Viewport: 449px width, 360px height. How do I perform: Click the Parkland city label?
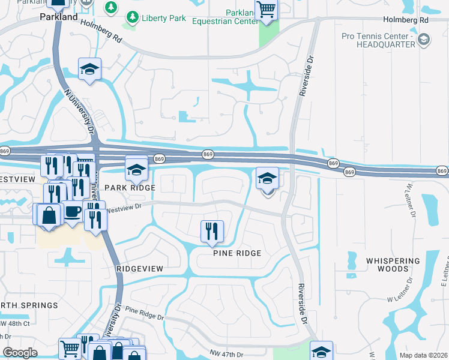59,17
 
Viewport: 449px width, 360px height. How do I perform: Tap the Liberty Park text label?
164,17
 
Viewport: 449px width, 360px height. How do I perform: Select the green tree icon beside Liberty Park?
111,7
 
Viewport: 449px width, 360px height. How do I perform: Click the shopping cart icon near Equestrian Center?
266,10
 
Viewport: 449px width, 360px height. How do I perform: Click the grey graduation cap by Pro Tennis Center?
424,40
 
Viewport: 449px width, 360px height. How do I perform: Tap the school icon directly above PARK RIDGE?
136,169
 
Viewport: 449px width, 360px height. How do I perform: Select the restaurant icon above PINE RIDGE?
211,231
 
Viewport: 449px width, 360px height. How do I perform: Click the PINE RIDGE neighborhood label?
237,253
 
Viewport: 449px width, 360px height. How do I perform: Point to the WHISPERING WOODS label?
393,265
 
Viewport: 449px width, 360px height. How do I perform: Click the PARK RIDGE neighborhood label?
130,188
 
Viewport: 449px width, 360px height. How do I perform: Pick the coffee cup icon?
73,212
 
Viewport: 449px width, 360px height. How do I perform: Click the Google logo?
20,353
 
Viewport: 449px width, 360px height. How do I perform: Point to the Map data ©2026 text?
423,355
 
